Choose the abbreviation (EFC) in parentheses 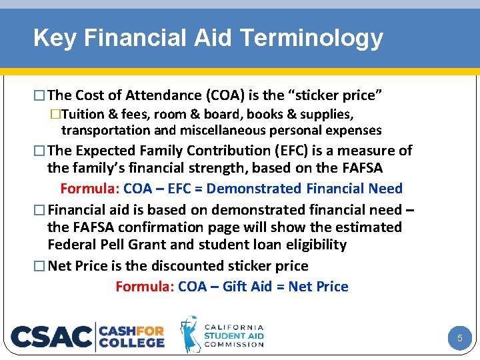(267, 151)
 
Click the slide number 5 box (459, 339)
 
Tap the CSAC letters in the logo (51, 337)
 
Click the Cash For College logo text (132, 337)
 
